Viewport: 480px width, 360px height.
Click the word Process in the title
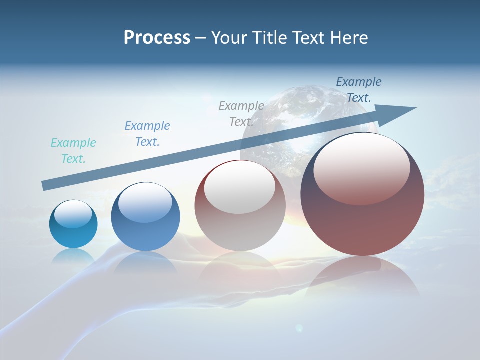pyautogui.click(x=157, y=38)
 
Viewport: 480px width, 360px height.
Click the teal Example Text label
pyautogui.click(x=73, y=151)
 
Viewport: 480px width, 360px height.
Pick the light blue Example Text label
pyautogui.click(x=147, y=134)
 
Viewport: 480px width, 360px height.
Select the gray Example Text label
pyautogui.click(x=241, y=114)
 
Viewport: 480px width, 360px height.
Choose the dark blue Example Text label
pyautogui.click(x=359, y=90)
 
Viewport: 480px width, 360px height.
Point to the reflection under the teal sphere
pyautogui.click(x=73, y=256)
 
